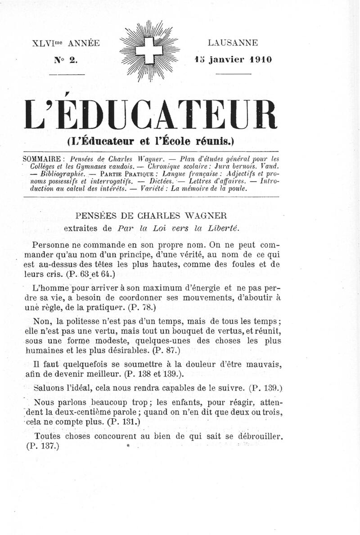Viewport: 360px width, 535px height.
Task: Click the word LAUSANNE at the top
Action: coord(233,43)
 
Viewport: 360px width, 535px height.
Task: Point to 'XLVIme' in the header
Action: coord(49,44)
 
